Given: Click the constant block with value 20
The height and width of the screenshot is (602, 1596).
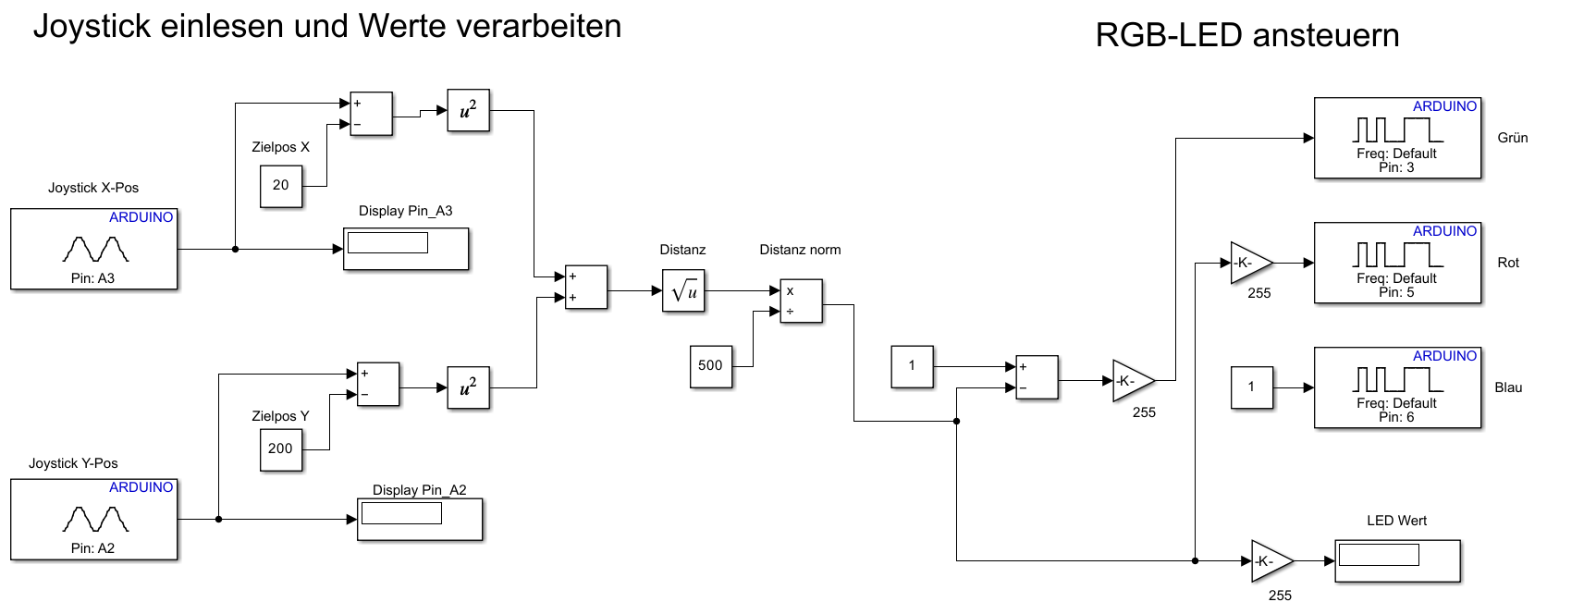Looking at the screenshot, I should [280, 186].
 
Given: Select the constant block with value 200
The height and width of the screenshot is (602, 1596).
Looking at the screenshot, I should [280, 449].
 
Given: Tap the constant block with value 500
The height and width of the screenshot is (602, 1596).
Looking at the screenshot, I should [710, 366].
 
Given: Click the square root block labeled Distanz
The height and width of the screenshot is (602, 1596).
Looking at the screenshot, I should [683, 290].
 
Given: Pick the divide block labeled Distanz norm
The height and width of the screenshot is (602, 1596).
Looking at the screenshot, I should [801, 301].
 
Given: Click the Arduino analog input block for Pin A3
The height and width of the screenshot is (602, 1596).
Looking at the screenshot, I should [93, 249].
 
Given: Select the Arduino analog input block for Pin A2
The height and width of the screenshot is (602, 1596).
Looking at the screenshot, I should [93, 519].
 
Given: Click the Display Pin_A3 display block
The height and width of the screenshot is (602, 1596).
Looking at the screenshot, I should [406, 249].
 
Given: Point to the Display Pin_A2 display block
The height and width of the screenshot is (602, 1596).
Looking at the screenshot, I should [420, 519].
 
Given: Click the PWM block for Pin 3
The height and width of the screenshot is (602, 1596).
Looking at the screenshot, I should [1397, 138].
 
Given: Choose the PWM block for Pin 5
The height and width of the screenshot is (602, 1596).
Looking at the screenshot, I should [1397, 263].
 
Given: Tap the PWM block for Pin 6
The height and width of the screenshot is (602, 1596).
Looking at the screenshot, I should [1397, 387].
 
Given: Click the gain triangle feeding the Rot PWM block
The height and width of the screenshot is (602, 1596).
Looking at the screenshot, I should [1250, 263].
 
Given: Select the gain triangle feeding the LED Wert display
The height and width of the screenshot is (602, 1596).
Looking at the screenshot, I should [1271, 561].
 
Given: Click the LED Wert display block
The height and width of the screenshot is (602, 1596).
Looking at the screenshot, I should [1397, 561].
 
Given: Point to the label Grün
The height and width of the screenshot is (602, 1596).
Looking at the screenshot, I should [1513, 138].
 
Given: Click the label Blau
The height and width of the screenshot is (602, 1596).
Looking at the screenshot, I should [1508, 387].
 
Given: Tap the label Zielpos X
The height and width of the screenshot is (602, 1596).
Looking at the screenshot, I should [280, 147].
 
